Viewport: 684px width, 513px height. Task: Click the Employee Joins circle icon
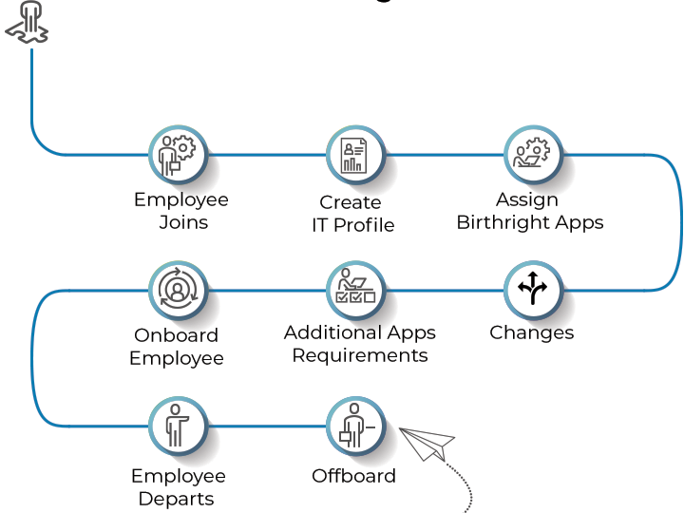tap(178, 154)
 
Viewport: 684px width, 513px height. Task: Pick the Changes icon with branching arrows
tap(532, 290)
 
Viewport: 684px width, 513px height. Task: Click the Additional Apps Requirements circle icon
tap(355, 290)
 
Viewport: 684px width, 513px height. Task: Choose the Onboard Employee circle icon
tap(178, 290)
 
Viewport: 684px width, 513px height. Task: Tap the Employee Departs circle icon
tap(178, 425)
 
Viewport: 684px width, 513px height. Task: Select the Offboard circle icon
tap(355, 425)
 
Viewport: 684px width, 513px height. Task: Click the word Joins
tap(183, 223)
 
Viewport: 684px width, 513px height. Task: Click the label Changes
tap(531, 332)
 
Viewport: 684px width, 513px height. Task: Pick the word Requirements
tap(359, 356)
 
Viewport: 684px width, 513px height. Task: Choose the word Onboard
tap(176, 335)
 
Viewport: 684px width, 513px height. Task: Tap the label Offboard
tap(353, 476)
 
